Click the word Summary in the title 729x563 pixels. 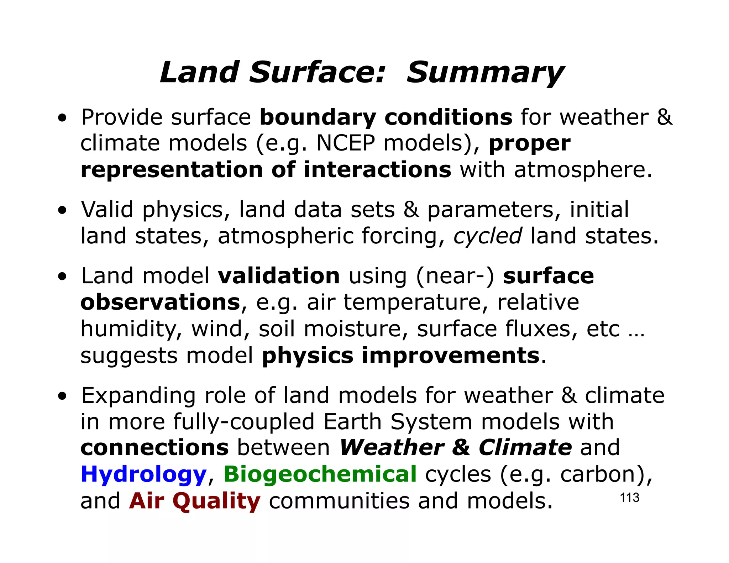[485, 73]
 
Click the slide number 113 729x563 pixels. [629, 498]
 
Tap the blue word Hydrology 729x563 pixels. [143, 475]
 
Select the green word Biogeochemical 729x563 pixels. [320, 475]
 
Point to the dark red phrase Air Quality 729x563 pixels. [195, 501]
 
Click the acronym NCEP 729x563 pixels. [346, 143]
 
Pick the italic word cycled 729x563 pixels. [488, 236]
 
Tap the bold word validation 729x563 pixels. [279, 276]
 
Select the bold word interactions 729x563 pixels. [377, 169]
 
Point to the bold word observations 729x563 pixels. [161, 302]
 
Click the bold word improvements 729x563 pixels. [451, 355]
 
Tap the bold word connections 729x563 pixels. [154, 448]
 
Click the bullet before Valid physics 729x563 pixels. [63, 210]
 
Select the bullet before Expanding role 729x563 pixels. [63, 396]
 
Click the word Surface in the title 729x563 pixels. [317, 73]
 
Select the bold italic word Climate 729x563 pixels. [525, 448]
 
